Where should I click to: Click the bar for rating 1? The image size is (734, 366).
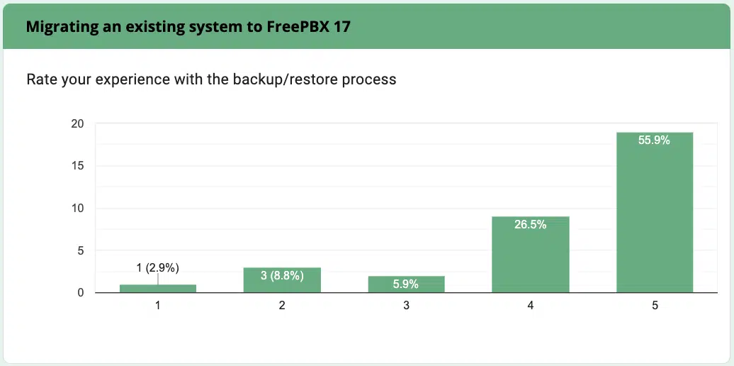157,288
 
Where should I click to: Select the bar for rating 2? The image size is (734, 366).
282,279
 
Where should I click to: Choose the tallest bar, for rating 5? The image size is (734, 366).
655,212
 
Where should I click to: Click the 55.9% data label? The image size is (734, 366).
654,140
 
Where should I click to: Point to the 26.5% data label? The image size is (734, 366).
530,225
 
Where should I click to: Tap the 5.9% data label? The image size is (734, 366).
406,284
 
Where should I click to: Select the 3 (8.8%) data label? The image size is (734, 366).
281,275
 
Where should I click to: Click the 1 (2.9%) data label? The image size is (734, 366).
157,267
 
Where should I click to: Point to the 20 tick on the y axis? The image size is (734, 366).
77,124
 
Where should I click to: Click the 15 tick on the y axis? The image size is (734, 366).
78,166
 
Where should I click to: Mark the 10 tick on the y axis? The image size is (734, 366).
78,209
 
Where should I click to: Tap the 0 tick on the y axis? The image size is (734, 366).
81,293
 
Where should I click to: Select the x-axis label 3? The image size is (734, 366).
406,306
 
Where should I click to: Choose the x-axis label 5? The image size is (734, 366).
655,306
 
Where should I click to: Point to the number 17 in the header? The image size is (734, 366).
341,27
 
